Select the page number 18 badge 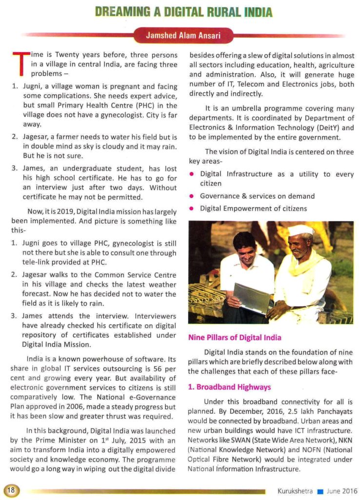(10, 491)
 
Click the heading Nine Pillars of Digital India (235, 337)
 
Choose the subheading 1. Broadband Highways (229, 387)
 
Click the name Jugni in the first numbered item (32, 86)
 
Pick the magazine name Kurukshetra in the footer (295, 491)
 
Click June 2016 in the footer (341, 491)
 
